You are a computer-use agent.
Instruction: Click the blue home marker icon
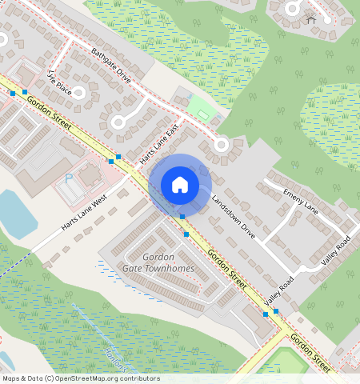(180, 185)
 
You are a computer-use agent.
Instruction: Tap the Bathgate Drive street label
(110, 66)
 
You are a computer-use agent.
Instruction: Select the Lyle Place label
(60, 83)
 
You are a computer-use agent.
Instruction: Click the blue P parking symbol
(69, 177)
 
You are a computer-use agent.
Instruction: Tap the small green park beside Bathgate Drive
(200, 108)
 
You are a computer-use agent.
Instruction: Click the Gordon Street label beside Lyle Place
(48, 110)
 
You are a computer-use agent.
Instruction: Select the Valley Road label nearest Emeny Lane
(337, 250)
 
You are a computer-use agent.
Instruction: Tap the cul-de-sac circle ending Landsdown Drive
(222, 145)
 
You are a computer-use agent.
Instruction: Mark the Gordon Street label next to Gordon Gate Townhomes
(226, 266)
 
